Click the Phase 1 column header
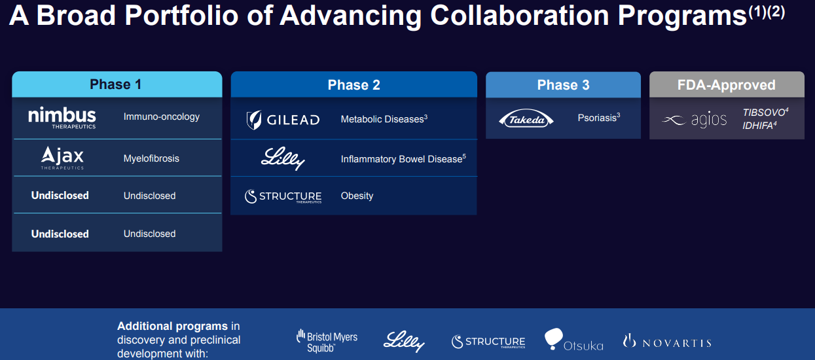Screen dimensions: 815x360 click(117, 84)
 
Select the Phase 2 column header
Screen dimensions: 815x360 click(353, 84)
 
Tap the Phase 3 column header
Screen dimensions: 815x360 click(563, 84)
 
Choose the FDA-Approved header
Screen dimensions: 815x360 click(727, 84)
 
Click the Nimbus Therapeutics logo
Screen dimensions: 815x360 click(62, 117)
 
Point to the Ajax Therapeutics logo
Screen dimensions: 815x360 click(62, 158)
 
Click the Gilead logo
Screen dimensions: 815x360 click(283, 120)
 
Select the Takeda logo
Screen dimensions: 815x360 click(526, 119)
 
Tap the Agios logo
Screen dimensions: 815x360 click(694, 120)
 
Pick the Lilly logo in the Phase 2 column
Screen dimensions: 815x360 click(283, 158)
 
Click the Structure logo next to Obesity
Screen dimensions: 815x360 click(283, 196)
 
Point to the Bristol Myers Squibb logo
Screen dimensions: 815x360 click(327, 341)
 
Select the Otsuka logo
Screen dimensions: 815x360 click(573, 339)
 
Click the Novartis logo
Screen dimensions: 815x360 click(667, 342)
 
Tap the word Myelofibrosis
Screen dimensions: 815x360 click(151, 158)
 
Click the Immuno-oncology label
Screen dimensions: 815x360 click(162, 117)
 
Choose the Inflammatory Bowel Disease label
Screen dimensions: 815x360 click(401, 159)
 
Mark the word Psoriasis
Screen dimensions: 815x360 click(597, 118)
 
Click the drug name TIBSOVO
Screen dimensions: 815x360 click(764, 113)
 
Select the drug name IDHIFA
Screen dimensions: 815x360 click(757, 126)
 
